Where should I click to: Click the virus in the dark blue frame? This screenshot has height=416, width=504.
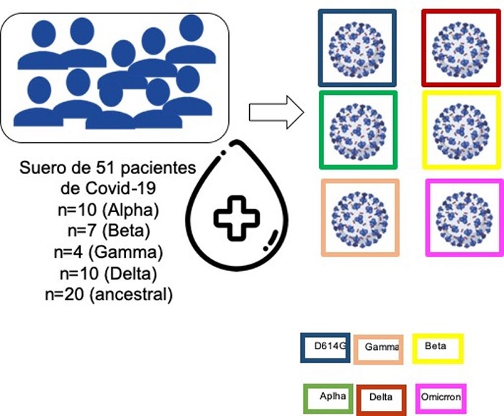pos(357,48)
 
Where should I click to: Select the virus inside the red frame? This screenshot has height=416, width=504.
pos(461,47)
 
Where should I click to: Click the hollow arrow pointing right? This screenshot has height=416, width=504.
pos(275,111)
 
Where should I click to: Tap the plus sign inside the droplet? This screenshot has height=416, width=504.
pos(238,217)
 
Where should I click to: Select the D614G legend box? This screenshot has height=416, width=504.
pos(325,346)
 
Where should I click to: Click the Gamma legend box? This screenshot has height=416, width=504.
pos(379,348)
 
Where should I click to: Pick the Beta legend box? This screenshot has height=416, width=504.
pos(437,347)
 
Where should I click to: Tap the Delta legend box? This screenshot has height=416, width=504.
pos(381,398)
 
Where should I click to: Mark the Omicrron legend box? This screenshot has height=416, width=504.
pos(441,398)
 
